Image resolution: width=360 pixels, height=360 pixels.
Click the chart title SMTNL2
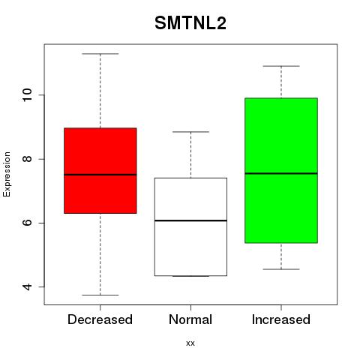(x=190, y=23)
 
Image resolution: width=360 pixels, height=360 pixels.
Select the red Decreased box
(x=100, y=170)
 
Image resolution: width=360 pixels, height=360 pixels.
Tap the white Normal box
(x=190, y=226)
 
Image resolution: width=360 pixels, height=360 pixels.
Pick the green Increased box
(x=281, y=170)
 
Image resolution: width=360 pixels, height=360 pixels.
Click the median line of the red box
(x=100, y=175)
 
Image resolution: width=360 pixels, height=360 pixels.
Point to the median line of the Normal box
(x=190, y=220)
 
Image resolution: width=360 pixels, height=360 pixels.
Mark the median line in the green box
(x=281, y=173)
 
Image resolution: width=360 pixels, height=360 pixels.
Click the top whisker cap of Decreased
(x=100, y=54)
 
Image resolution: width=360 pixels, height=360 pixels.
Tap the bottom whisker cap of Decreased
(x=100, y=295)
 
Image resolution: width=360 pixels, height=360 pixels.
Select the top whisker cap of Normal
(x=190, y=132)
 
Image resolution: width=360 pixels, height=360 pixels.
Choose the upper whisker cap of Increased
(x=281, y=66)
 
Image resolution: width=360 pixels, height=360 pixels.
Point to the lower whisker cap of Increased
(x=281, y=269)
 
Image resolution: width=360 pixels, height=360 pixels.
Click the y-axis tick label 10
(x=27, y=95)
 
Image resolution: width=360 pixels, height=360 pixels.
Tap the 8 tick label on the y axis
(x=27, y=159)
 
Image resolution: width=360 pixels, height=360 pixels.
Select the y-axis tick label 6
(x=27, y=223)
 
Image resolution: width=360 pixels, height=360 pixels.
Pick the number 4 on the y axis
(x=27, y=286)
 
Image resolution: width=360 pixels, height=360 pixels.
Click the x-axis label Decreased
(x=100, y=319)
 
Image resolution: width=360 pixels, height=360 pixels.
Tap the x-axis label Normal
(x=190, y=319)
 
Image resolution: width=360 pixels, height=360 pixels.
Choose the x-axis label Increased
(x=281, y=319)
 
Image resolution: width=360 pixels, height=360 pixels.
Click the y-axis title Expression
(x=7, y=174)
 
